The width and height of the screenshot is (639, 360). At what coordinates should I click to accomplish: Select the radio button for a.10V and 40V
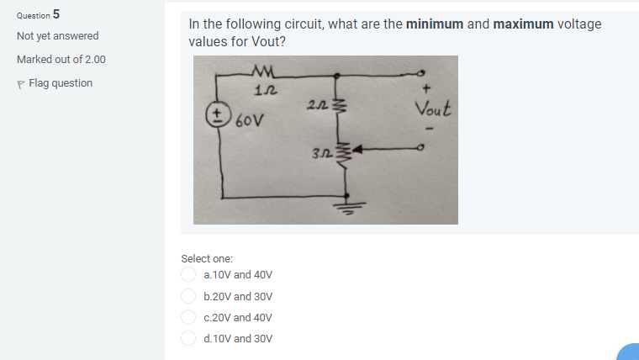click(189, 274)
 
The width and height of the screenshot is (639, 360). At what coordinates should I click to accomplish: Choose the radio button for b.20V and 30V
click(189, 296)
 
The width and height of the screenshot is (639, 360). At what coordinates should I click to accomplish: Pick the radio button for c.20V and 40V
click(189, 318)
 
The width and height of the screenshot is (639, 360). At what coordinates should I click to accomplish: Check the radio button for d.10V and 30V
click(189, 338)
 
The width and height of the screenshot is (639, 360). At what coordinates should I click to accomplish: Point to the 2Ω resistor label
click(317, 103)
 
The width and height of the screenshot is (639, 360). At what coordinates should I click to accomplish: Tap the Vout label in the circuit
click(433, 108)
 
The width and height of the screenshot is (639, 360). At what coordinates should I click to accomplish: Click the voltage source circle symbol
click(219, 114)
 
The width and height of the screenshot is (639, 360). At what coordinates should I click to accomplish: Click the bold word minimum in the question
click(435, 24)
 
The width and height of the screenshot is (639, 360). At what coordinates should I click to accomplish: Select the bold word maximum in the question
click(524, 24)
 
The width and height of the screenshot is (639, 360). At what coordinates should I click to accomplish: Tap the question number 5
click(56, 13)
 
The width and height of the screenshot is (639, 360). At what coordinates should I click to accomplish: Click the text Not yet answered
click(57, 36)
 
